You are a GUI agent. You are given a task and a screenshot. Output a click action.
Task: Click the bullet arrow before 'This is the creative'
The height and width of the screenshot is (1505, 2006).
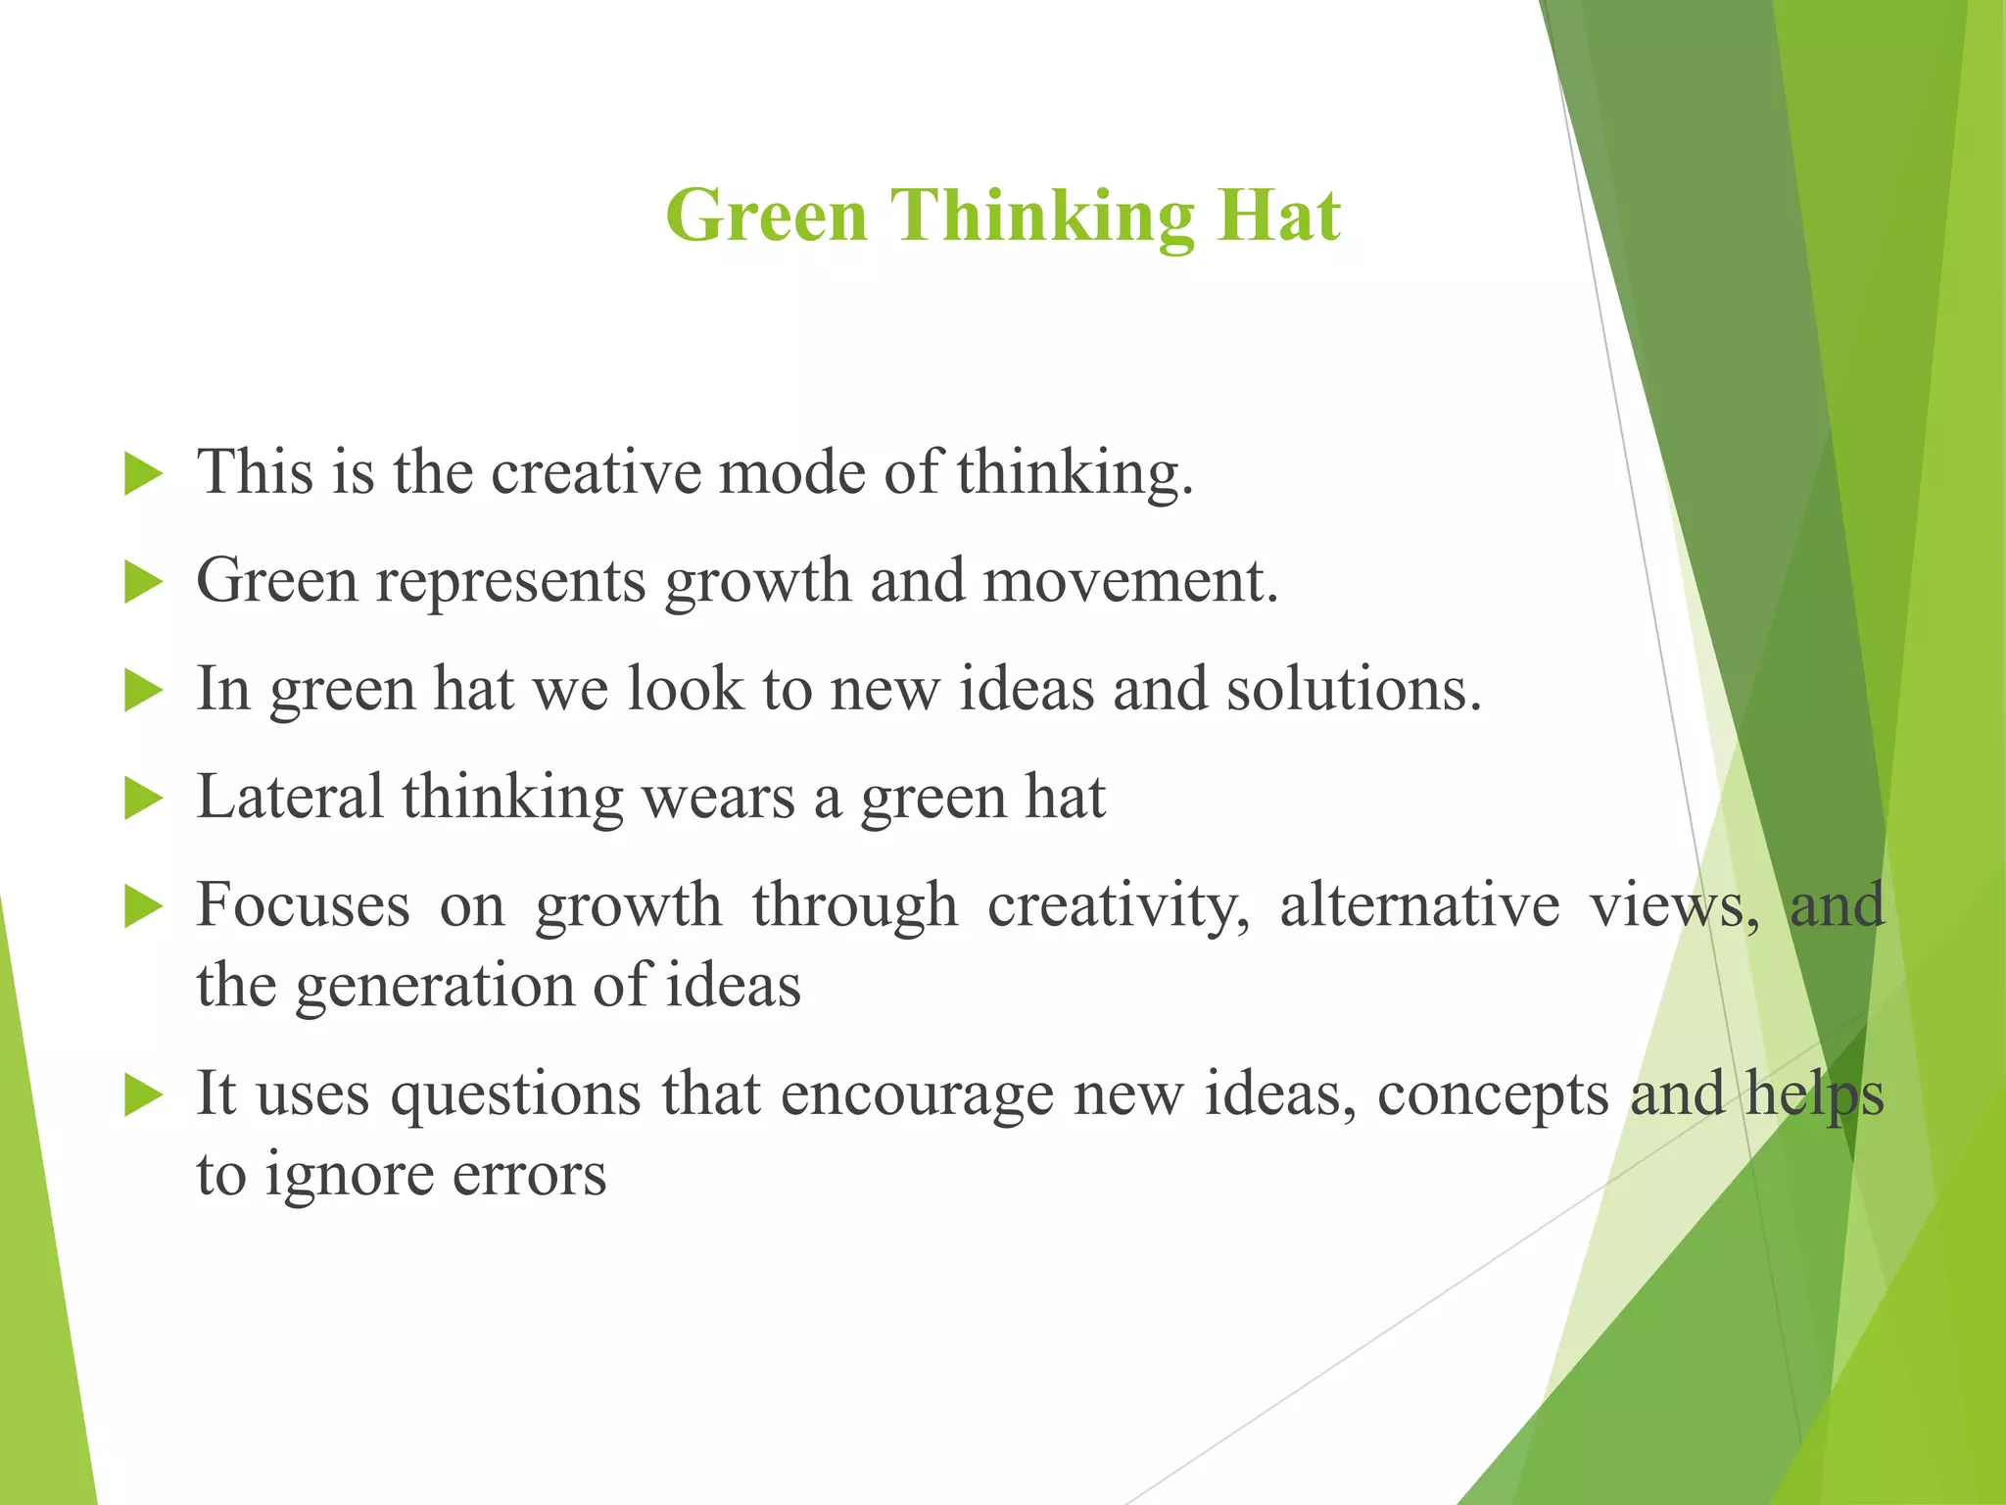pyautogui.click(x=144, y=475)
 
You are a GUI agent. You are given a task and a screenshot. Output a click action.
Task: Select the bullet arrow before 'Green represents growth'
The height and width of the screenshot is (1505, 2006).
pyautogui.click(x=144, y=584)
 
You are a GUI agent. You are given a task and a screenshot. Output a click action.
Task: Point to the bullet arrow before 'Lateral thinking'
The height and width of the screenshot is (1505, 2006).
pyautogui.click(x=144, y=801)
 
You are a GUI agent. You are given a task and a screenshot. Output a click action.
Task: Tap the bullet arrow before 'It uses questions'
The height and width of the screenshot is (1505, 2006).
pyautogui.click(x=144, y=1095)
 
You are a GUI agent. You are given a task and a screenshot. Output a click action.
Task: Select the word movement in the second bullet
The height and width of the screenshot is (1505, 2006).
pyautogui.click(x=1130, y=580)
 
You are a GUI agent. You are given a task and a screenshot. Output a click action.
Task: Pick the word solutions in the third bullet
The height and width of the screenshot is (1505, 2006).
pyautogui.click(x=1354, y=689)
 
